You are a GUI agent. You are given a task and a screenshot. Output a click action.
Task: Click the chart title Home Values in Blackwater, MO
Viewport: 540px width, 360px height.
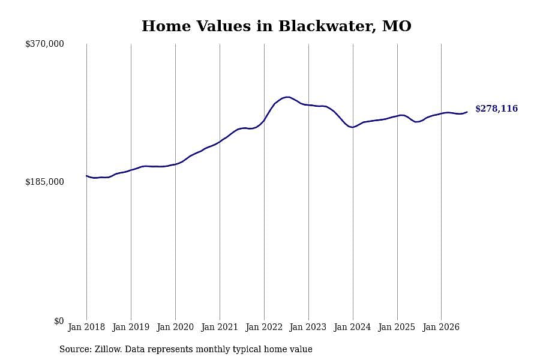click(x=277, y=26)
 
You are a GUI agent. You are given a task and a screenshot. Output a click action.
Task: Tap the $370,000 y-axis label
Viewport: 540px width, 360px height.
click(x=44, y=44)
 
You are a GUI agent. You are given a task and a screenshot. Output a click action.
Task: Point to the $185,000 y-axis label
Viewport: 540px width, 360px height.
click(x=44, y=182)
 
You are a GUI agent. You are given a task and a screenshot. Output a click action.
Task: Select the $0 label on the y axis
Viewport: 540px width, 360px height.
click(x=59, y=321)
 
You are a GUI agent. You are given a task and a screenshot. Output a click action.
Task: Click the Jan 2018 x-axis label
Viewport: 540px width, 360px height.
click(x=86, y=327)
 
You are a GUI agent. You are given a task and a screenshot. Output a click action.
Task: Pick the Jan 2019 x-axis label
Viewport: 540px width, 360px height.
click(x=131, y=327)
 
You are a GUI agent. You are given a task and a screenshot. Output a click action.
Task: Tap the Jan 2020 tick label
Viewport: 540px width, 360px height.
click(x=175, y=327)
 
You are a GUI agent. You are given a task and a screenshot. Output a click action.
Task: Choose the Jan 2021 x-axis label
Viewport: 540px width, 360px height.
click(x=220, y=327)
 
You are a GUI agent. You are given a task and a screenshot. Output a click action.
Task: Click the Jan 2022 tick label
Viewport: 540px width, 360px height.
click(x=264, y=327)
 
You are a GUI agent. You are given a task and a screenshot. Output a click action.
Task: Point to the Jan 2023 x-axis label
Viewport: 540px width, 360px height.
click(x=308, y=327)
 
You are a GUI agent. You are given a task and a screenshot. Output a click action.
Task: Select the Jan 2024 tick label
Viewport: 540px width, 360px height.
click(x=353, y=327)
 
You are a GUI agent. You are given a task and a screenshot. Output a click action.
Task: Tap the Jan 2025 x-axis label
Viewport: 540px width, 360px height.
click(x=397, y=327)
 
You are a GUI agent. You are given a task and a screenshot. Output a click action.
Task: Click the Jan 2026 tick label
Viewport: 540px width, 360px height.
click(x=441, y=327)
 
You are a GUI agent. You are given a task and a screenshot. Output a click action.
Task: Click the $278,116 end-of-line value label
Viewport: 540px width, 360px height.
click(x=497, y=109)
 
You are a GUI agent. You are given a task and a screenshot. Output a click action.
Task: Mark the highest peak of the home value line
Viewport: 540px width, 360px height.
click(x=287, y=97)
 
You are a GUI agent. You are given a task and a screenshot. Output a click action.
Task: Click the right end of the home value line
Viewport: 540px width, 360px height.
click(x=467, y=112)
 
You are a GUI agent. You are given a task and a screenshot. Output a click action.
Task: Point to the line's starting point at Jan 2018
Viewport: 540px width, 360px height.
click(x=86, y=176)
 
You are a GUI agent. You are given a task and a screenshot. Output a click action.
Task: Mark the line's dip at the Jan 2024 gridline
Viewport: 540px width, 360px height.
click(x=353, y=127)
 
